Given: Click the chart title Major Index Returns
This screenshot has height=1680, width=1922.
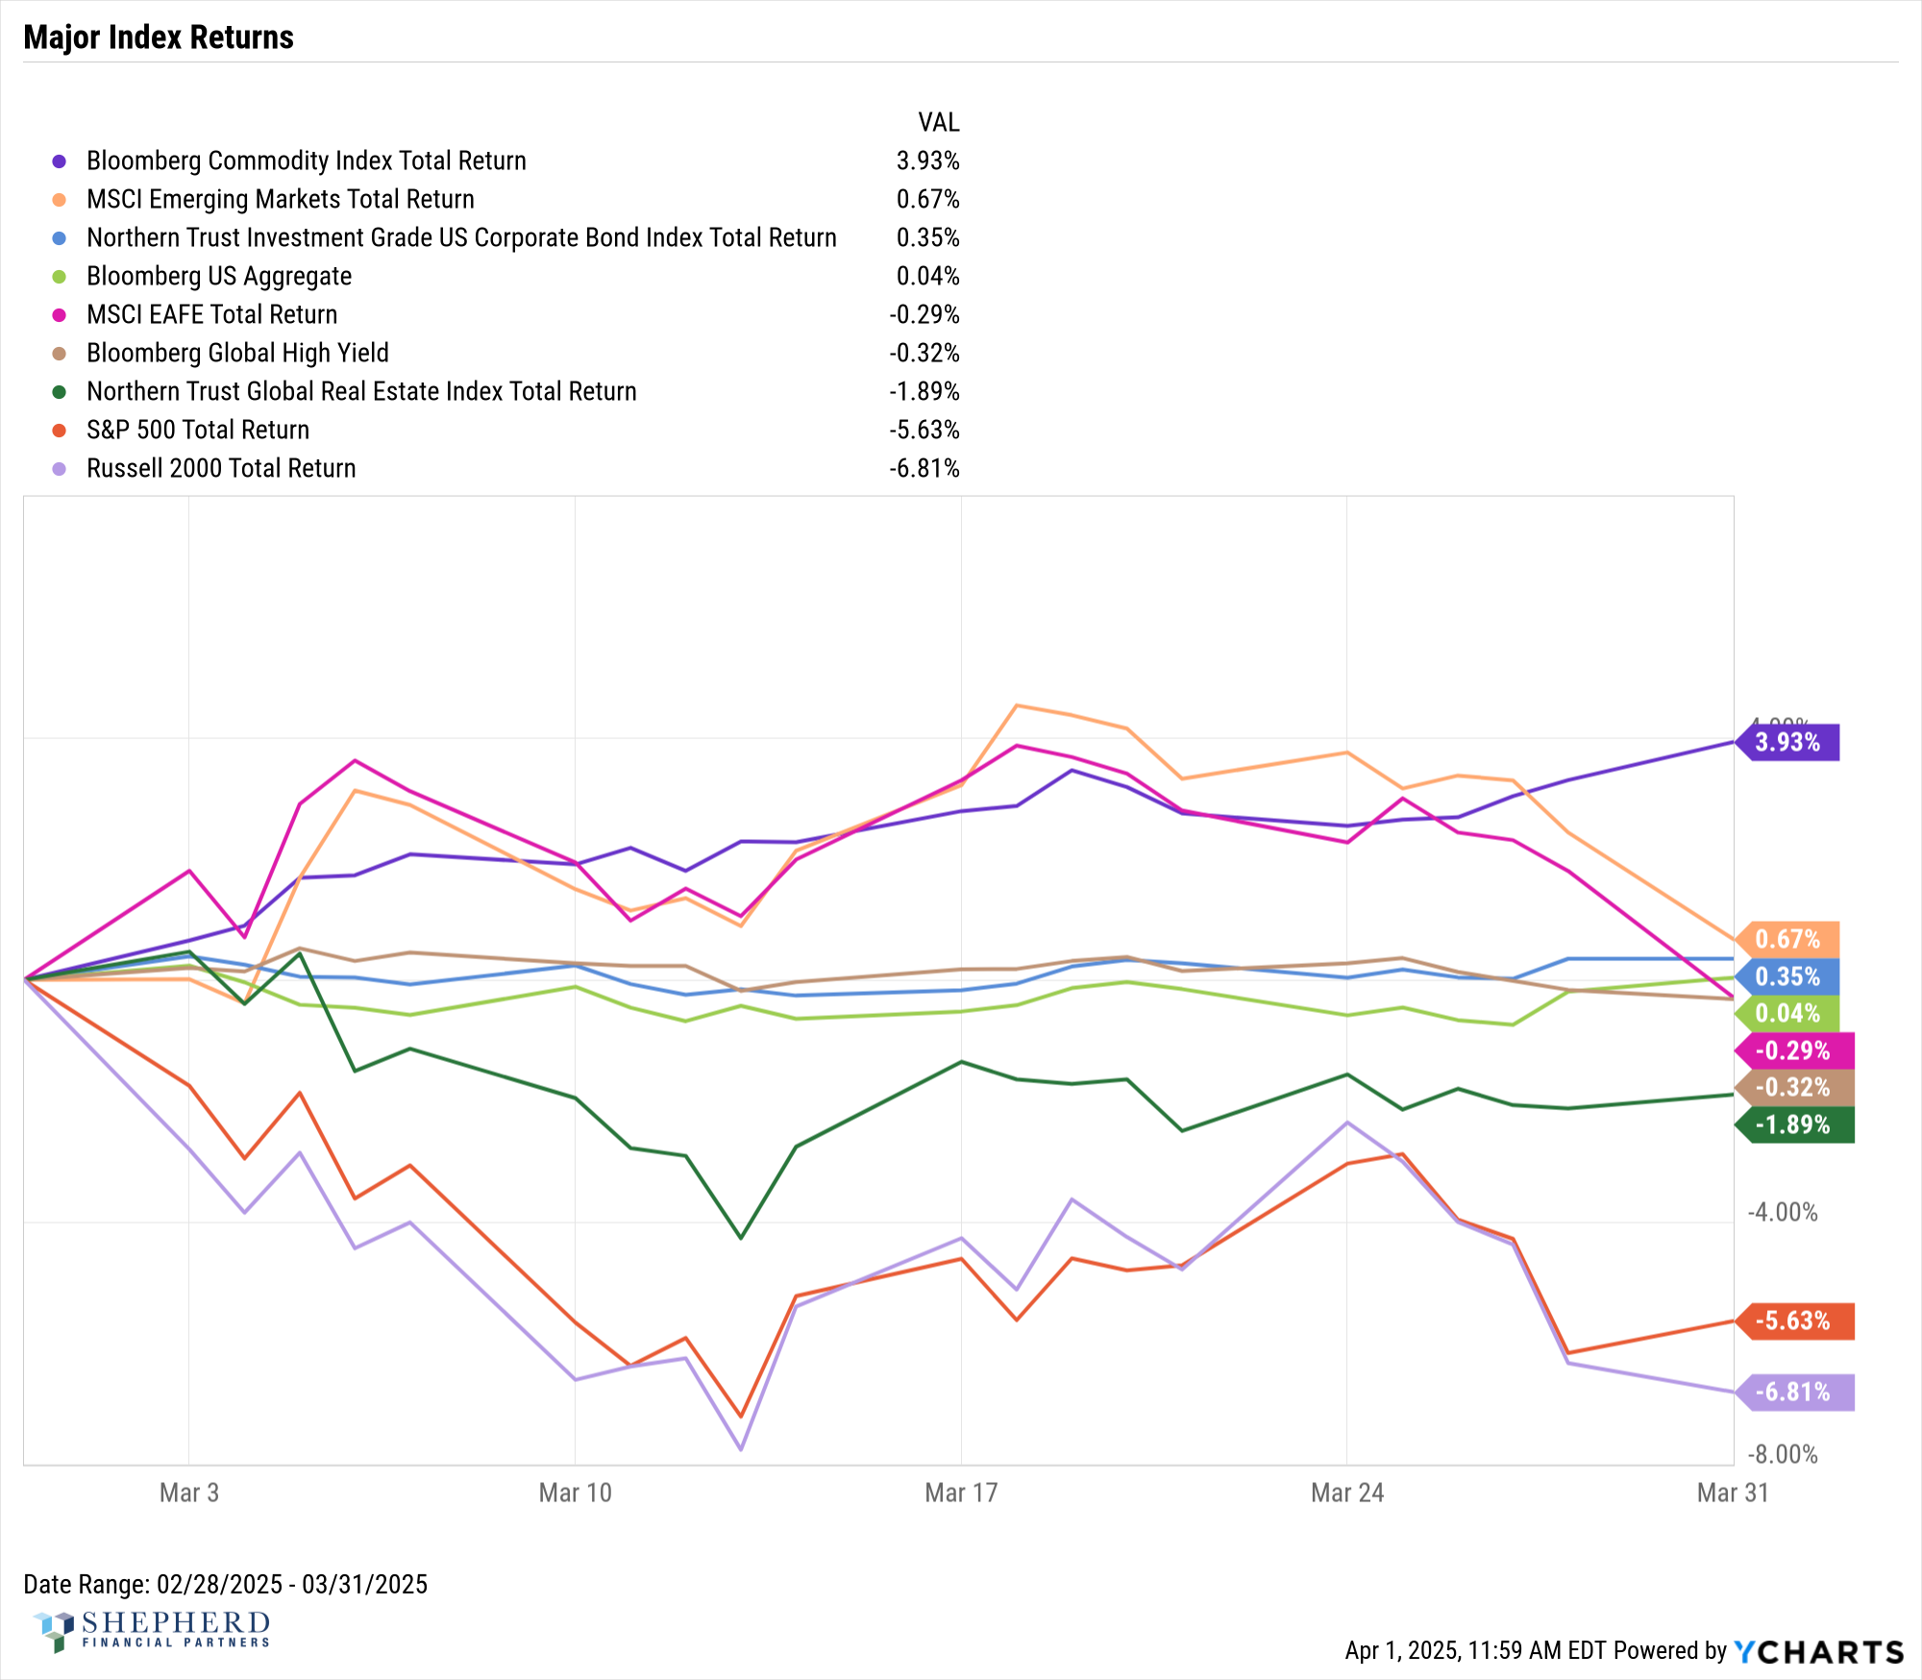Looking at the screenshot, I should click(x=159, y=37).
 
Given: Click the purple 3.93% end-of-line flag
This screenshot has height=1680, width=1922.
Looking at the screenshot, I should click(x=1789, y=742).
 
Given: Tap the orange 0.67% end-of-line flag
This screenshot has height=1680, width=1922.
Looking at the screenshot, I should click(x=1789, y=939).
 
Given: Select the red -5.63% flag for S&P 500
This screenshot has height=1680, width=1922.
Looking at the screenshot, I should click(x=1795, y=1321).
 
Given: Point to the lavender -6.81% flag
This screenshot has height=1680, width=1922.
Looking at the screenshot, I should click(x=1795, y=1392).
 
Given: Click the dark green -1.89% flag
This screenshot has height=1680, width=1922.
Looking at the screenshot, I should click(x=1795, y=1124).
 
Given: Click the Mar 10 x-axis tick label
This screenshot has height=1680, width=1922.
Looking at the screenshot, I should click(x=575, y=1493).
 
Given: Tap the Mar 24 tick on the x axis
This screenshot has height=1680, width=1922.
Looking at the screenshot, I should click(x=1346, y=1493).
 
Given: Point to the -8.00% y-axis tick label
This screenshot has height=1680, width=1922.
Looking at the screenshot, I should click(x=1783, y=1454).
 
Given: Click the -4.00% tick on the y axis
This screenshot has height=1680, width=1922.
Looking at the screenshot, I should click(x=1783, y=1212).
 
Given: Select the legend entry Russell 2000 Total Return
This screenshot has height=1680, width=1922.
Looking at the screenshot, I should click(x=221, y=468).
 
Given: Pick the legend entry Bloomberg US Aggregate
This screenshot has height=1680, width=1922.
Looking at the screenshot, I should click(x=219, y=276).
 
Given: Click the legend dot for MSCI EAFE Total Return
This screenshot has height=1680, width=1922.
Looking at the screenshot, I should click(x=60, y=314).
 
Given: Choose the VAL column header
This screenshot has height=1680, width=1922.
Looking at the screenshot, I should click(x=938, y=122).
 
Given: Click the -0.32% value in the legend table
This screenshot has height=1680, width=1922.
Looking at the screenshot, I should click(x=924, y=353).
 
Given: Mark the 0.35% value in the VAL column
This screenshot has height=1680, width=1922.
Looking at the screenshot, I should click(x=927, y=237).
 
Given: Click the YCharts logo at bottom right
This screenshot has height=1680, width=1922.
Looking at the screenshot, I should click(x=1818, y=1651).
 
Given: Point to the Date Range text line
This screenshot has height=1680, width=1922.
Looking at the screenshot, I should click(x=225, y=1584).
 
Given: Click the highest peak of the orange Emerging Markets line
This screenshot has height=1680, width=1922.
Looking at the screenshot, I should click(x=1017, y=705).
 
